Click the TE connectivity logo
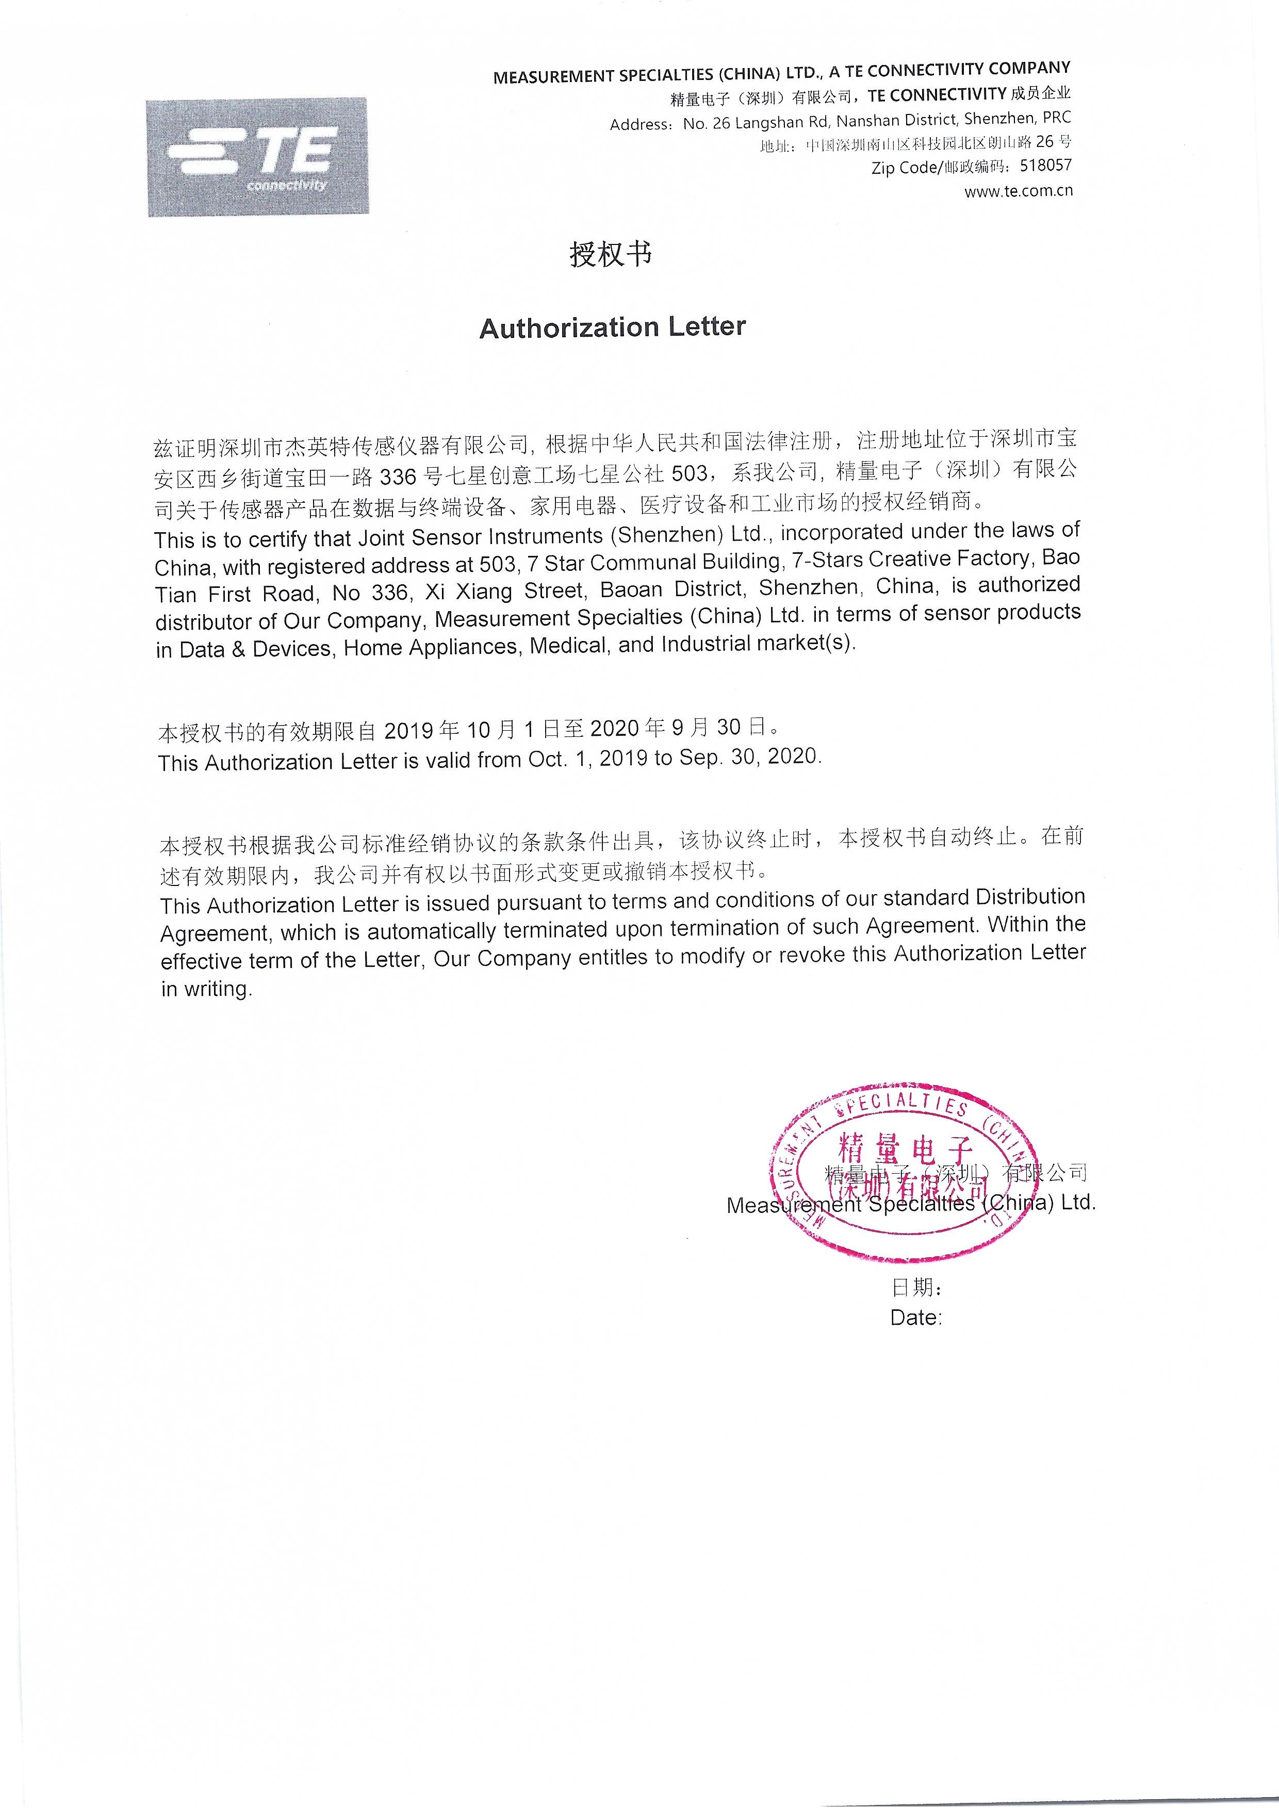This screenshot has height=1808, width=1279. click(x=257, y=157)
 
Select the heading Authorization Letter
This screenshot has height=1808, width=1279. click(x=612, y=327)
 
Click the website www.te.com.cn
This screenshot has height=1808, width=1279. click(x=1018, y=191)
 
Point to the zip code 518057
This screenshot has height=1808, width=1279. click(x=1045, y=166)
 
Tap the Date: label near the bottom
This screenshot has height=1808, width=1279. click(x=916, y=1318)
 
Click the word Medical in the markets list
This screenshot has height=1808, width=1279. click(x=569, y=646)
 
